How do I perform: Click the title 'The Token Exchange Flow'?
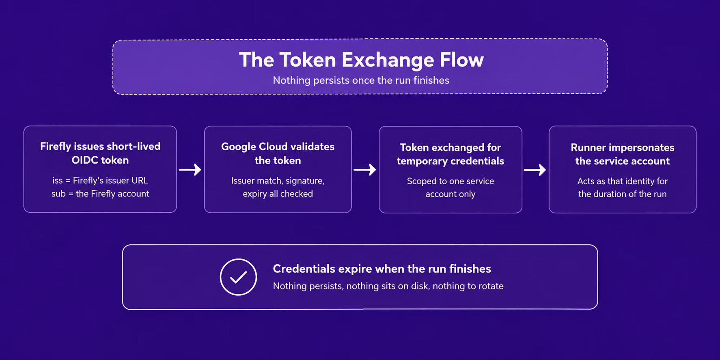click(x=361, y=60)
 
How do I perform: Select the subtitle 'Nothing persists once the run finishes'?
click(x=361, y=80)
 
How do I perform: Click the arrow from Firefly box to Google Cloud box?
click(x=190, y=170)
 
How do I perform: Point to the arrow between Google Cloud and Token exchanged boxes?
click(x=365, y=170)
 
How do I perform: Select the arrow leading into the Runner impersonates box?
click(x=535, y=170)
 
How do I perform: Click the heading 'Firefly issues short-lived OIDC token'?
click(x=100, y=153)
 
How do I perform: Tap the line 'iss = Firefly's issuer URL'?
click(x=100, y=180)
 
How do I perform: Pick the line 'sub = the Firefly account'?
click(x=100, y=194)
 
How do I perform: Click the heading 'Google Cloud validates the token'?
click(x=278, y=153)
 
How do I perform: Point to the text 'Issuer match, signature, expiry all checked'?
click(x=278, y=187)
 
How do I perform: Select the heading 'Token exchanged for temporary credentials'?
click(x=451, y=154)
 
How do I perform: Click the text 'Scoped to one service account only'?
click(x=451, y=188)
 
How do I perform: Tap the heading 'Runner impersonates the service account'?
click(x=623, y=154)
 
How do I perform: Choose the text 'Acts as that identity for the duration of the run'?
click(x=623, y=188)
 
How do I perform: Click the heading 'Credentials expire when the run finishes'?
click(x=382, y=269)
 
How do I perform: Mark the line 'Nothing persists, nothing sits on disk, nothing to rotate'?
click(x=388, y=286)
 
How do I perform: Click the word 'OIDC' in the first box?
click(x=84, y=160)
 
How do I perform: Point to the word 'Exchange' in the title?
click(x=388, y=60)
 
